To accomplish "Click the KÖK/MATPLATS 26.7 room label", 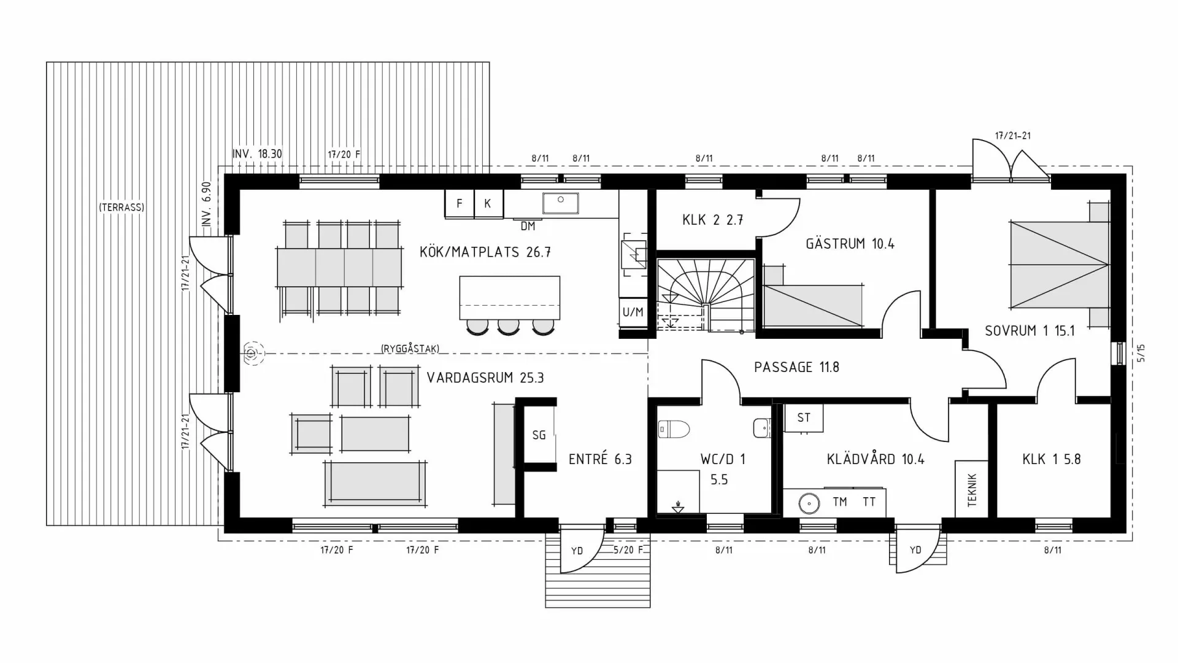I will [x=485, y=252].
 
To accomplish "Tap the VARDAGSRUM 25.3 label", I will [x=485, y=378].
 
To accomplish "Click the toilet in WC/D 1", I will [x=674, y=428].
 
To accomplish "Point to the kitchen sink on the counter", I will [x=560, y=202].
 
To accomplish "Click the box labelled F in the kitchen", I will [x=460, y=204].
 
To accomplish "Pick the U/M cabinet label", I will [x=633, y=312].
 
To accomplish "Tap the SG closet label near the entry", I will [x=539, y=435].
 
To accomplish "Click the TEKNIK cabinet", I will [x=972, y=489].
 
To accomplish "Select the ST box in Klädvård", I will [x=804, y=418].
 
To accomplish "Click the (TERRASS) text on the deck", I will [x=121, y=207].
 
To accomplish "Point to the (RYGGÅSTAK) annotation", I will [x=410, y=349].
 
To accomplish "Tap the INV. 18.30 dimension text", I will [x=257, y=153].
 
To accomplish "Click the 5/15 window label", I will [x=1141, y=353].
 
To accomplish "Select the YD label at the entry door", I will [x=577, y=551].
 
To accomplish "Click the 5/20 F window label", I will [x=628, y=550].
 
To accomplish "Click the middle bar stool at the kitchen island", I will [x=508, y=327].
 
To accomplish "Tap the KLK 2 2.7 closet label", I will [x=712, y=220].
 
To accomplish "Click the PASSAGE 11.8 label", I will [x=796, y=367].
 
